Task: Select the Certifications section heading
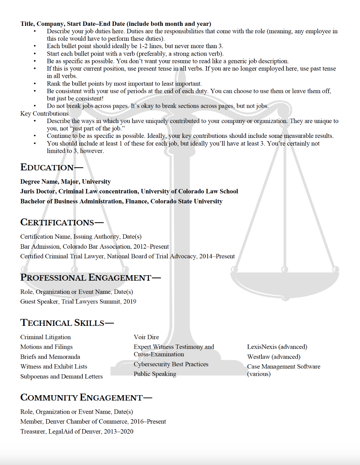[57, 222]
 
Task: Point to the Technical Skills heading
[63, 323]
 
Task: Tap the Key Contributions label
[44, 114]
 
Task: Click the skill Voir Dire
[146, 337]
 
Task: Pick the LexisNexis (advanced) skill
[277, 347]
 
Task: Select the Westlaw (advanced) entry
[273, 357]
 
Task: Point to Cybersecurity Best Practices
[171, 364]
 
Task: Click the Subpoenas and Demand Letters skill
[61, 377]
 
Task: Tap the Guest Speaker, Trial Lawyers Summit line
[78, 302]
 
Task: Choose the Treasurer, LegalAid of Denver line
[77, 432]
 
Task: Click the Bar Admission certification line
[94, 247]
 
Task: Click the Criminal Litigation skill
[45, 337]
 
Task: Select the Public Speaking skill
[155, 374]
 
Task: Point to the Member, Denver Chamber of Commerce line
[93, 422]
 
